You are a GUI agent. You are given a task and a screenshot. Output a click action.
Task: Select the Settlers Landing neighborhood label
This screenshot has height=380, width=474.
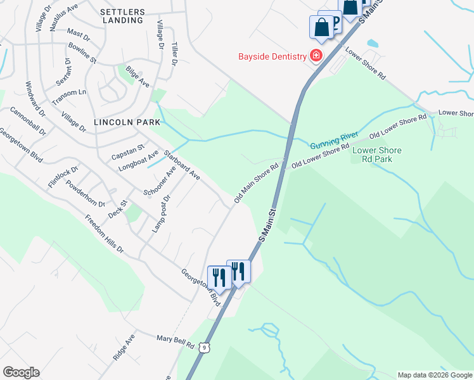[x=122, y=16]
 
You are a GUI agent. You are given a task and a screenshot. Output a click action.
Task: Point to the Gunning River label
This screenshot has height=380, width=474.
[x=333, y=140]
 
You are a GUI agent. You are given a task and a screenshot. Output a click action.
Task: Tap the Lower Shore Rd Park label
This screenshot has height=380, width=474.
[x=376, y=155]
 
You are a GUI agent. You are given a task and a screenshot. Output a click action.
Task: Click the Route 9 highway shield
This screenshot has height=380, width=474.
[x=202, y=346]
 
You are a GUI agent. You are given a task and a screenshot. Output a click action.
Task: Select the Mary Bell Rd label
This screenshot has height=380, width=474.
[x=176, y=341]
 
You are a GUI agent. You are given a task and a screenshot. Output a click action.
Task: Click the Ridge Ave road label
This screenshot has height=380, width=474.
[x=124, y=348]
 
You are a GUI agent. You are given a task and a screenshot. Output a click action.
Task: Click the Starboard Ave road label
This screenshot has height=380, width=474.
[x=182, y=165]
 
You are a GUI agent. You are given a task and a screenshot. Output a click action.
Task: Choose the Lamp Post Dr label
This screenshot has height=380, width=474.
[x=161, y=213]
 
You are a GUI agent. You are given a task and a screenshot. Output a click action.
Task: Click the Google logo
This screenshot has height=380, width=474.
[x=21, y=372]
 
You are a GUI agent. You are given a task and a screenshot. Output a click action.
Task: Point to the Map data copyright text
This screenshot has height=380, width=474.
[x=435, y=375]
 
